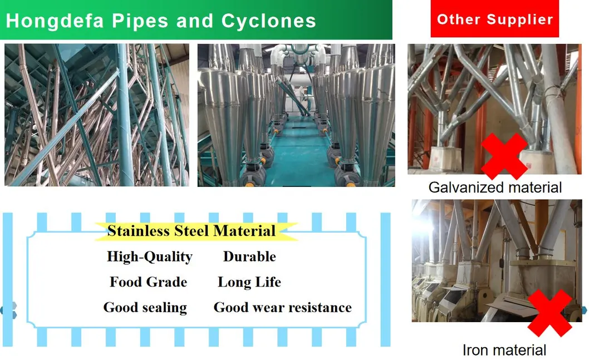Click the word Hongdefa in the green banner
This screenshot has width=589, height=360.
click(x=55, y=21)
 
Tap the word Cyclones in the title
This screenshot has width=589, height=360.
click(x=268, y=21)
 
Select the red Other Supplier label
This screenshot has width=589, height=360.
click(x=495, y=19)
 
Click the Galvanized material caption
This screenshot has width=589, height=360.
click(x=495, y=188)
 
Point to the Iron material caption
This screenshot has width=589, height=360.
click(x=504, y=350)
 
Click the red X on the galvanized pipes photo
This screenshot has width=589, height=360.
click(x=504, y=156)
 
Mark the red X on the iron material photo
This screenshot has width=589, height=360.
click(x=550, y=313)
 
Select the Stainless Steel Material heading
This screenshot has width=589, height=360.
click(x=192, y=230)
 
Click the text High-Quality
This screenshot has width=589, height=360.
click(x=150, y=257)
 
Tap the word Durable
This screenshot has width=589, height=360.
click(x=249, y=257)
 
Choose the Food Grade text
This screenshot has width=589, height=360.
click(x=149, y=282)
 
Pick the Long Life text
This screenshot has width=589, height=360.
click(x=249, y=282)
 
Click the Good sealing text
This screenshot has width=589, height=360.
click(x=145, y=308)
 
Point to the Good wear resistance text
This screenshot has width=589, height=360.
click(x=282, y=308)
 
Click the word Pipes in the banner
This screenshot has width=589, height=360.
click(x=140, y=21)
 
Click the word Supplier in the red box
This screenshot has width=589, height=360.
click(x=520, y=19)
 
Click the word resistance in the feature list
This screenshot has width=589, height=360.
click(x=320, y=308)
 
